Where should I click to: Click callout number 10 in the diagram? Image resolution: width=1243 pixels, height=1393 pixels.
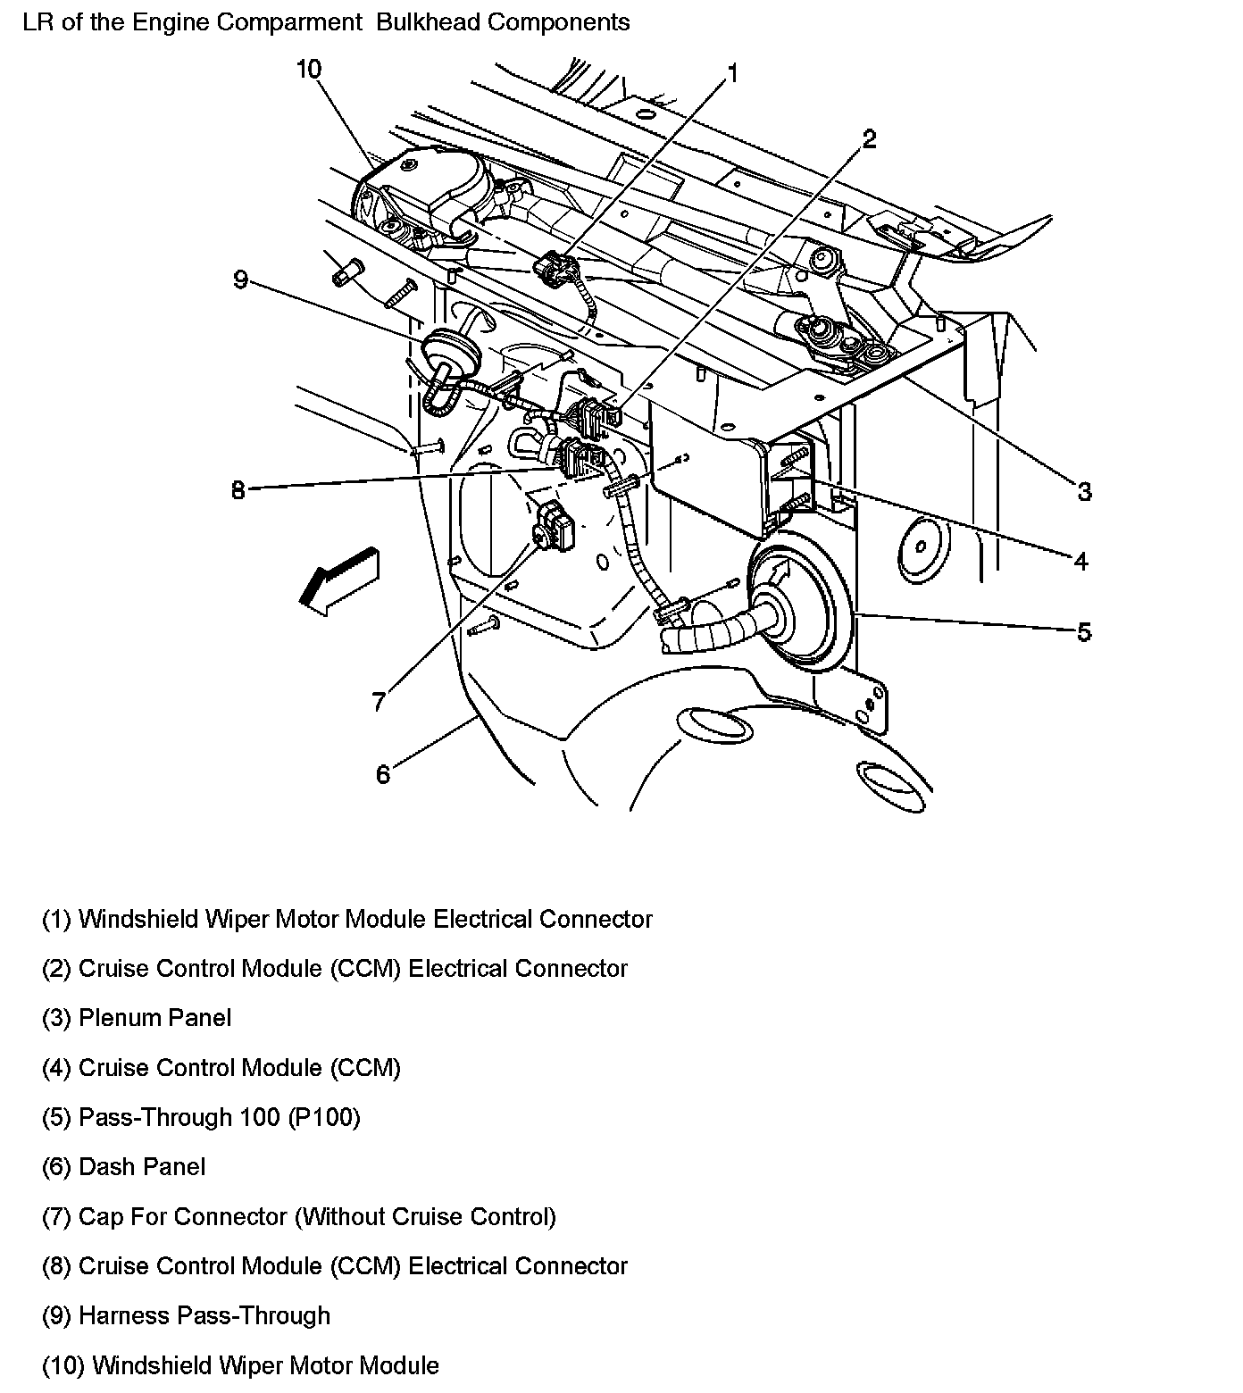[x=309, y=70]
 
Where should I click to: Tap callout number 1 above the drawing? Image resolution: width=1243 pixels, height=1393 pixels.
[x=732, y=73]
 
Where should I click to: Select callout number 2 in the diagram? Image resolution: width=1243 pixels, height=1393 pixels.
[x=869, y=138]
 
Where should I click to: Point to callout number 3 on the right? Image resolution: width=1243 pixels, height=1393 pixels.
[x=1084, y=491]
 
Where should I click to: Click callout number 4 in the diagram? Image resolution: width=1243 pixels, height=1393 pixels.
[x=1080, y=561]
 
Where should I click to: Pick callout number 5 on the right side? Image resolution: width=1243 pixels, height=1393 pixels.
[x=1083, y=632]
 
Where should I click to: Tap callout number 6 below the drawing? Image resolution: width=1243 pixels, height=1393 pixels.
[x=383, y=774]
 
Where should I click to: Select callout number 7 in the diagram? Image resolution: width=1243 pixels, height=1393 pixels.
[x=379, y=702]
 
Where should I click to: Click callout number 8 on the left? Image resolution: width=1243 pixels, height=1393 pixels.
[x=238, y=490]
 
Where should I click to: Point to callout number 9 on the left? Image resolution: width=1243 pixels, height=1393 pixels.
[x=239, y=279]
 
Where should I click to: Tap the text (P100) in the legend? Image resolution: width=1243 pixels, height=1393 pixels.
[x=324, y=1117]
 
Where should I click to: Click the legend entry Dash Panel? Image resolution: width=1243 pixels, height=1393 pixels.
[x=142, y=1167]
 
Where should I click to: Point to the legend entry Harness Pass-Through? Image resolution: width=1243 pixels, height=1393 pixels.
[x=204, y=1315]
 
